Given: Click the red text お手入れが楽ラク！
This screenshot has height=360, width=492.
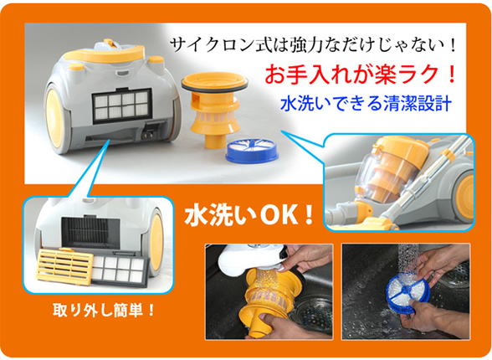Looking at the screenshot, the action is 360,75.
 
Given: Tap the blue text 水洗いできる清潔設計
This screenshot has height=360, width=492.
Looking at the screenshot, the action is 366,103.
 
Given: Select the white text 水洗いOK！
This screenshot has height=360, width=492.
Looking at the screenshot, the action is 249,215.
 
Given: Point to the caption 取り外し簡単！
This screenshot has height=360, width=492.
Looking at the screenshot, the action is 104,311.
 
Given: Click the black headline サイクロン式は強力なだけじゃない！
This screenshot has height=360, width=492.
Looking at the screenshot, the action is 313,45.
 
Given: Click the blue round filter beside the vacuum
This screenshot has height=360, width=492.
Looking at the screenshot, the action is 252,152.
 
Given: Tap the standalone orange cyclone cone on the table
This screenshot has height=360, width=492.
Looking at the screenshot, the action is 215,111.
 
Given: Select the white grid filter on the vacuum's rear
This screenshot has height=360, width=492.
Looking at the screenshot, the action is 122,105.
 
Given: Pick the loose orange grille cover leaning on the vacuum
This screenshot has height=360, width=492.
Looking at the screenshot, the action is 65,267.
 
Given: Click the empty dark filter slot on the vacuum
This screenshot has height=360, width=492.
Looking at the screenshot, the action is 90,232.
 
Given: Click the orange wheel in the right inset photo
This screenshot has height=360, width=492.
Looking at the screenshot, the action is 464,197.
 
